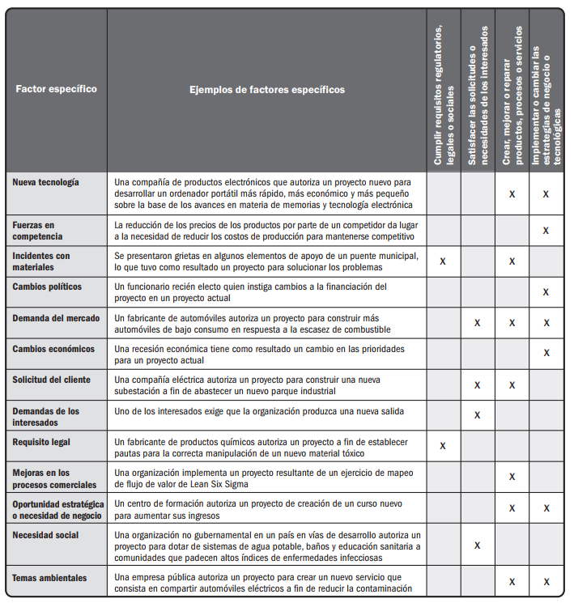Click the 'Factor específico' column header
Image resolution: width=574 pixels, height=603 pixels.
[56, 89]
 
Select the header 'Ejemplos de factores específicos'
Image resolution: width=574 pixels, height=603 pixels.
[266, 89]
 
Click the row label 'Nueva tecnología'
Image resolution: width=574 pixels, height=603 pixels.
[46, 182]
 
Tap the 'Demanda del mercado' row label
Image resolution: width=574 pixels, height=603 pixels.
[53, 317]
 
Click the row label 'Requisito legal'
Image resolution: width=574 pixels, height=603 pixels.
[41, 443]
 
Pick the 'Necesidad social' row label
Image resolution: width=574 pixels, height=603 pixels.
[45, 535]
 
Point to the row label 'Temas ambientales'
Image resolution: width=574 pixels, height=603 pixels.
[50, 577]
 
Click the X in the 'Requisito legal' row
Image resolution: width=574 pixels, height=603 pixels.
[442, 446]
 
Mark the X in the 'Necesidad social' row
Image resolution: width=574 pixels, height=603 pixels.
[477, 545]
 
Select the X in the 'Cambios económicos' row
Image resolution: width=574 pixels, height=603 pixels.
[546, 353]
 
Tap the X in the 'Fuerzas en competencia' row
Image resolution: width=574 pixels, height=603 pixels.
[546, 231]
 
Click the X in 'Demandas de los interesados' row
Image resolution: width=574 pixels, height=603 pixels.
[477, 415]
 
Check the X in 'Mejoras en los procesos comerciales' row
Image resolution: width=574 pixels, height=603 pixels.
[512, 477]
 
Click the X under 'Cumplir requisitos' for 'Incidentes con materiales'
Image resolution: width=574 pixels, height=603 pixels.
[442, 261]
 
